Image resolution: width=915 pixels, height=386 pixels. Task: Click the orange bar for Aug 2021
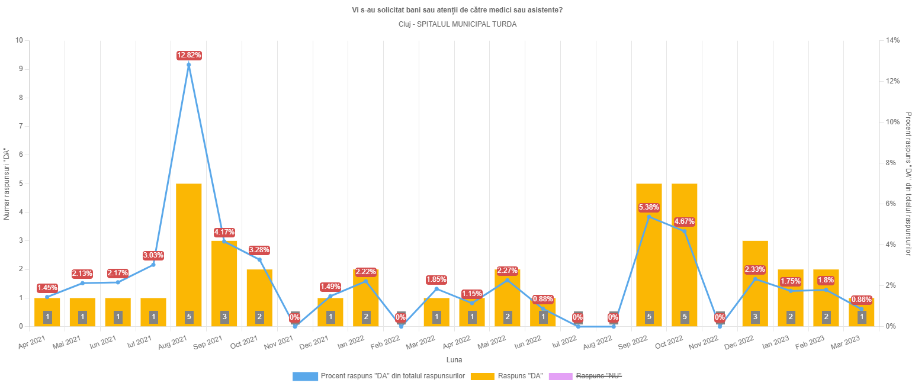[x=189, y=255]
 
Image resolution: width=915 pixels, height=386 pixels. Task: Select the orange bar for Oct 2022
[x=684, y=255]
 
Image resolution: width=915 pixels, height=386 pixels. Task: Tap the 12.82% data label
[x=189, y=56]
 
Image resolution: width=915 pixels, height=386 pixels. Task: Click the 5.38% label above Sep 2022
[x=649, y=207]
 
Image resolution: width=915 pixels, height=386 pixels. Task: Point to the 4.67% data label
[x=684, y=222]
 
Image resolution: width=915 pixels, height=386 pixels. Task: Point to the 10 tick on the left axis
[x=20, y=40]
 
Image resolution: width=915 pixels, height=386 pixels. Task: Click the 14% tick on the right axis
[x=892, y=40]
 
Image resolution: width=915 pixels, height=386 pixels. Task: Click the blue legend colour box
[x=305, y=377]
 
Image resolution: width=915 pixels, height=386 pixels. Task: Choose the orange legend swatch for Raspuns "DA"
[x=481, y=377]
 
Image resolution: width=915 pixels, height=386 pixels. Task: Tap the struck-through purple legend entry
[x=599, y=377]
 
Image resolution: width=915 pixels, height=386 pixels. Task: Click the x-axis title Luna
[x=454, y=360]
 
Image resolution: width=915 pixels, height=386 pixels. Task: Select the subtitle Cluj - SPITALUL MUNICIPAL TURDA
[x=457, y=24]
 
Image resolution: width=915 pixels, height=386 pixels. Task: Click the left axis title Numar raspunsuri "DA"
[x=7, y=184]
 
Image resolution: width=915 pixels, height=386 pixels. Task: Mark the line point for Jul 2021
[x=153, y=264]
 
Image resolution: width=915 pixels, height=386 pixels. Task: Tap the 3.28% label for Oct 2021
[x=259, y=250]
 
